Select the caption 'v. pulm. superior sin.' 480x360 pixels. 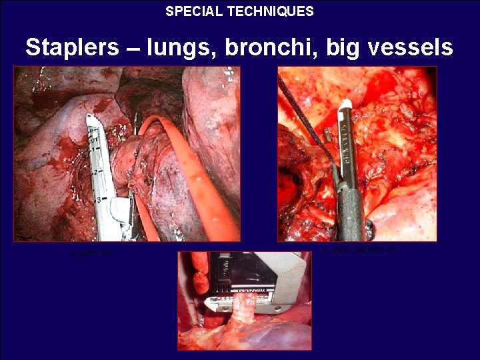[x=360, y=249]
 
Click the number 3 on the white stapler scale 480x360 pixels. [x=99, y=199]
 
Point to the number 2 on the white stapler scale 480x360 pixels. [x=95, y=171]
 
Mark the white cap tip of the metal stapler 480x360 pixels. [x=346, y=105]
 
